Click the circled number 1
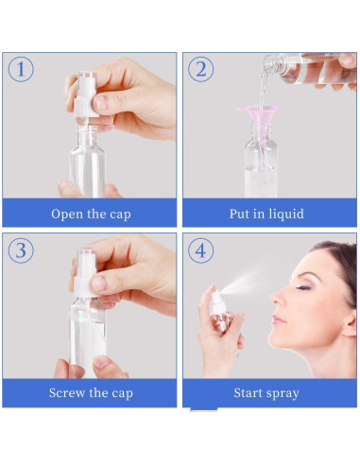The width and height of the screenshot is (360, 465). pyautogui.click(x=21, y=69)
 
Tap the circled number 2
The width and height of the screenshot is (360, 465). pyautogui.click(x=201, y=69)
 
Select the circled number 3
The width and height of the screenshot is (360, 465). pyautogui.click(x=21, y=250)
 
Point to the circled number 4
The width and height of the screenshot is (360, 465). pyautogui.click(x=201, y=250)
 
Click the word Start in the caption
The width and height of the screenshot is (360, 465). pyautogui.click(x=248, y=393)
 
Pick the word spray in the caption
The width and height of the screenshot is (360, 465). pyautogui.click(x=283, y=394)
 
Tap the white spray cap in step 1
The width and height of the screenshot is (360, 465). pyautogui.click(x=85, y=95)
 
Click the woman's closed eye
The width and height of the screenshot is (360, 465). pyautogui.click(x=304, y=287)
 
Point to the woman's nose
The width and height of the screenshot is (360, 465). pyautogui.click(x=278, y=298)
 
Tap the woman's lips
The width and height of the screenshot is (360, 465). pyautogui.click(x=278, y=319)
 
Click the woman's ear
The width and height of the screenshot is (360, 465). pyautogui.click(x=351, y=323)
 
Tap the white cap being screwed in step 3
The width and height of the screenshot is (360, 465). pyautogui.click(x=85, y=273)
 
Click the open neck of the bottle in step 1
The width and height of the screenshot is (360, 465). pyautogui.click(x=87, y=129)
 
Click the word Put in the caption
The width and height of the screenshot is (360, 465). pyautogui.click(x=239, y=214)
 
